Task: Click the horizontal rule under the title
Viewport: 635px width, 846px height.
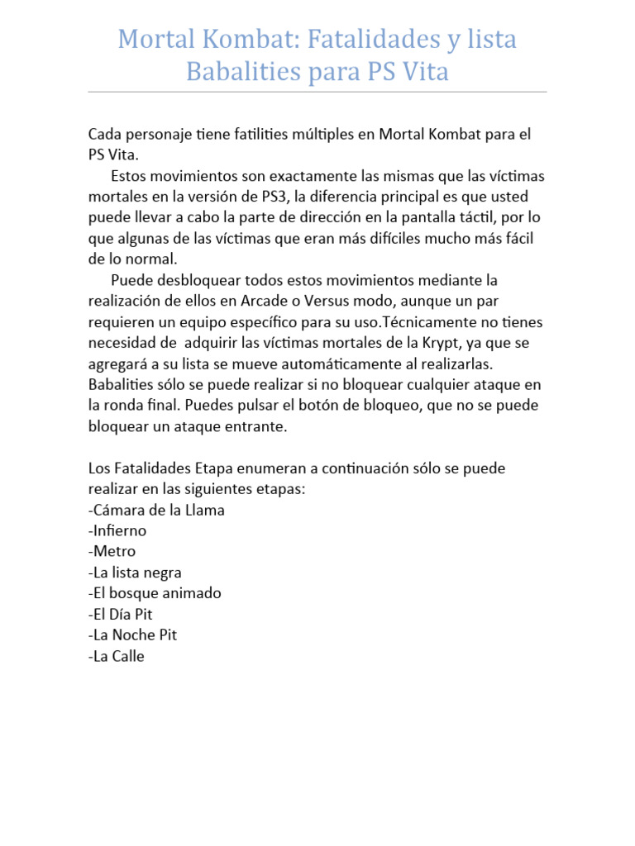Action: [317, 92]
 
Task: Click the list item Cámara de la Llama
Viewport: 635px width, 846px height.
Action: [156, 511]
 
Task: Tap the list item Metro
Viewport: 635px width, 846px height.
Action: [112, 552]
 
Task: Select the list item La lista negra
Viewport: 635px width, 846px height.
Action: [135, 573]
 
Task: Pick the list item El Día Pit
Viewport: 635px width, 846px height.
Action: [121, 615]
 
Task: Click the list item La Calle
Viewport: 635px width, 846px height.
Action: [117, 657]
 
